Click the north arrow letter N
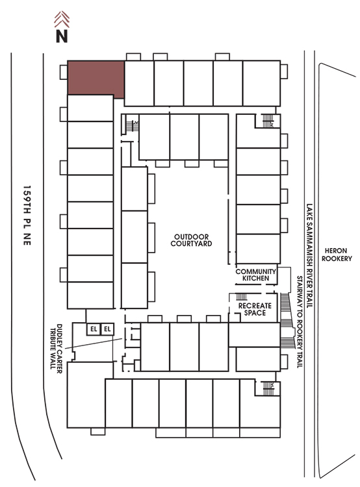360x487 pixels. (62, 36)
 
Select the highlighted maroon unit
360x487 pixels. (96, 78)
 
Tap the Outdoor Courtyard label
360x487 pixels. (191, 240)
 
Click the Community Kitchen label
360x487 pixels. (255, 275)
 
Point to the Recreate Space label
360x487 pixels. (255, 309)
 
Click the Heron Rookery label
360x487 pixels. (337, 255)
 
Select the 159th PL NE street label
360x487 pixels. (27, 216)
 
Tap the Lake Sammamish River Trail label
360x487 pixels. (309, 256)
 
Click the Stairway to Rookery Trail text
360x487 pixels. (300, 322)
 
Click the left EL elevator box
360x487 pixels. (94, 329)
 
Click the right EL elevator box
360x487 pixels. (107, 329)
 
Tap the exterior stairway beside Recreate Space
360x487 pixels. (287, 320)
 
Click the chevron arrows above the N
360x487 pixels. (62, 19)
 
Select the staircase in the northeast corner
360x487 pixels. (268, 121)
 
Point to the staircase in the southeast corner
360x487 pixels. (268, 388)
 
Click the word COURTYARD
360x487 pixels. (191, 243)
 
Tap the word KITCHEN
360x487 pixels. (255, 279)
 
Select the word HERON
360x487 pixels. (336, 251)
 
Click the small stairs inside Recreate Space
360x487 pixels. (241, 297)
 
